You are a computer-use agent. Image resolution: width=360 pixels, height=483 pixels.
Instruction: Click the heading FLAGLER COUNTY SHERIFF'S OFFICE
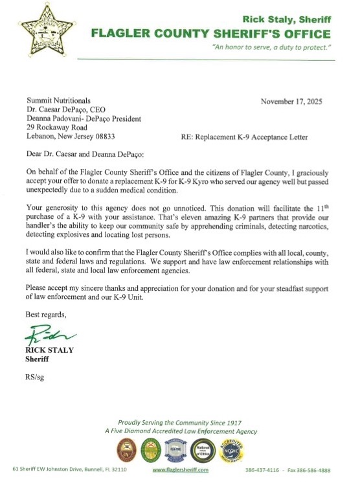(x=210, y=34)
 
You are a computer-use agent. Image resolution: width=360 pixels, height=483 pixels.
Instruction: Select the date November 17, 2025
(x=291, y=102)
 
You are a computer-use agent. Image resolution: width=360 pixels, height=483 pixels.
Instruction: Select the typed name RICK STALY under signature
(x=50, y=350)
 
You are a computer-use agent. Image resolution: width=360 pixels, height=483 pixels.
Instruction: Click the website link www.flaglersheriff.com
(x=180, y=469)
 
